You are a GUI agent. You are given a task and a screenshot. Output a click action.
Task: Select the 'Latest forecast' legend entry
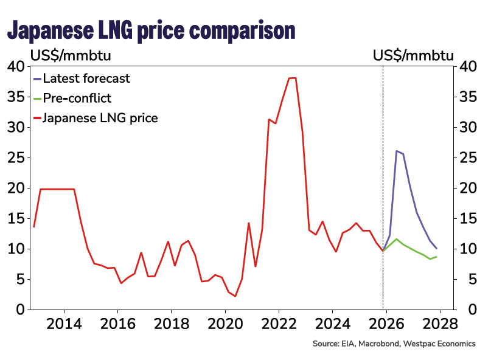click(x=86, y=78)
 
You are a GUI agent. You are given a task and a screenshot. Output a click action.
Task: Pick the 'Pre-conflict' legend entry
click(x=82, y=97)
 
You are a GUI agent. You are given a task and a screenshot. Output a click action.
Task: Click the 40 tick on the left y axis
click(x=15, y=66)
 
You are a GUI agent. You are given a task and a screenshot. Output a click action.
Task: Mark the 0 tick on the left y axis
click(x=19, y=310)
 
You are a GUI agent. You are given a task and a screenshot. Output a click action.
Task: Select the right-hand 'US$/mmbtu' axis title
click(x=414, y=56)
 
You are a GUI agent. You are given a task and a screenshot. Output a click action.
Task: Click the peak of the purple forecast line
click(x=397, y=151)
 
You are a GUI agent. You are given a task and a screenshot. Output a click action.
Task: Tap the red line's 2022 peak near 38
click(x=292, y=78)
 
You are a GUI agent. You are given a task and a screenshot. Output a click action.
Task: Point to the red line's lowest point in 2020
click(x=235, y=296)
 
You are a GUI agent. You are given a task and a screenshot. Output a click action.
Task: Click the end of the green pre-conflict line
click(x=436, y=257)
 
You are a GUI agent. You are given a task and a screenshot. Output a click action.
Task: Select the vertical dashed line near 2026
click(x=383, y=182)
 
